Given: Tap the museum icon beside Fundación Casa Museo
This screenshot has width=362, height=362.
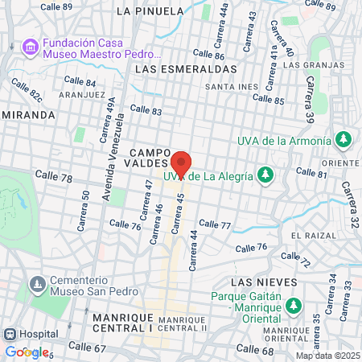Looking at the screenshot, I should (x=31, y=47).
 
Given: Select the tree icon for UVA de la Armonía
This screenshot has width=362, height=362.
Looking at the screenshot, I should (x=343, y=140).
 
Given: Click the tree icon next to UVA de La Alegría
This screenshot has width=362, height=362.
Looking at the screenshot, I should (x=265, y=175).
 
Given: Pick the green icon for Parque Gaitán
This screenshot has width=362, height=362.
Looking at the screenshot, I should (x=294, y=306).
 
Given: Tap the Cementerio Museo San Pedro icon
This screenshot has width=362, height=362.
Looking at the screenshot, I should (x=37, y=285).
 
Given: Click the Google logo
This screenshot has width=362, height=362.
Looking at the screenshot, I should (x=27, y=352).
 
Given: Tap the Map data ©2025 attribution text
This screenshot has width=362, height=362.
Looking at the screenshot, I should (x=327, y=356).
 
